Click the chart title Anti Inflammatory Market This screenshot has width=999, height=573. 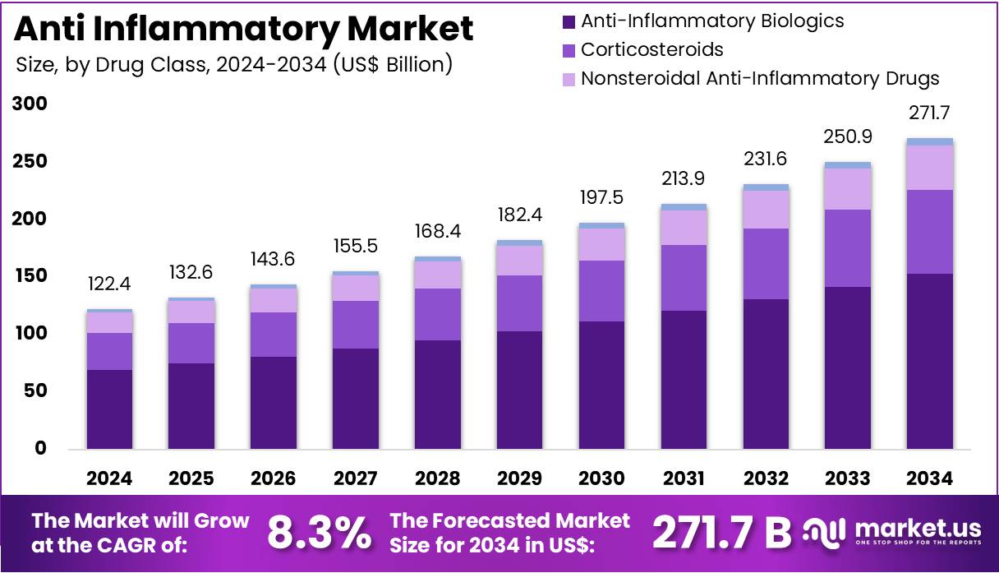[x=244, y=29]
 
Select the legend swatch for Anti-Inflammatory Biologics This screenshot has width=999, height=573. [x=568, y=21]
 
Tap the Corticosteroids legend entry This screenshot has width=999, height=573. [x=651, y=49]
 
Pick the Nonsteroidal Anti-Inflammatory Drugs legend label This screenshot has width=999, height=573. [x=759, y=79]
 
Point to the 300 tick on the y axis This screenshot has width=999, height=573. [x=30, y=104]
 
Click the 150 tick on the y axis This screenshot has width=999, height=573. [x=30, y=276]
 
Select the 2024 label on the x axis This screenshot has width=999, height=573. [x=110, y=478]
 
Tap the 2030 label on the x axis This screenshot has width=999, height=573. [x=602, y=478]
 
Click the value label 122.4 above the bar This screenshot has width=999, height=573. [x=110, y=284]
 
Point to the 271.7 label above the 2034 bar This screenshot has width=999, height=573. [x=930, y=113]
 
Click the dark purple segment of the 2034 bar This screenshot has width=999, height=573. [x=930, y=362]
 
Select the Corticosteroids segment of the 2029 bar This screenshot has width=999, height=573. [x=520, y=303]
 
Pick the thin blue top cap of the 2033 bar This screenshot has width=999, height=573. [x=848, y=165]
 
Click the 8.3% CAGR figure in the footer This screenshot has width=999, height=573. [x=319, y=534]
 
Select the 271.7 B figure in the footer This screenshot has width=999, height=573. [x=721, y=534]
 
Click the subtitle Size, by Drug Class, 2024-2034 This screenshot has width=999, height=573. [x=234, y=64]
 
